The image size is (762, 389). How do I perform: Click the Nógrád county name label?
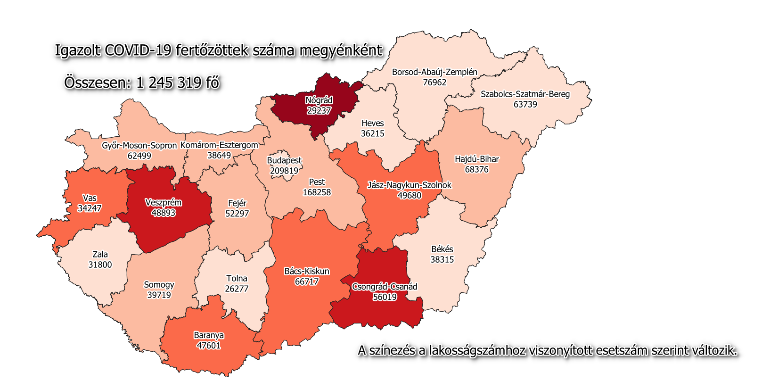tap(319, 100)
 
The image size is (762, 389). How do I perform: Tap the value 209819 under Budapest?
tap(284, 171)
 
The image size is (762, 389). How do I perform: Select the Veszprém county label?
tap(163, 202)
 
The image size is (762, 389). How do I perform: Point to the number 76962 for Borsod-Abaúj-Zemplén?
tap(434, 83)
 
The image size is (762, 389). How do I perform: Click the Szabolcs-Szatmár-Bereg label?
tap(525, 94)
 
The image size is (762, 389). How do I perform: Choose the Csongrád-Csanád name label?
tap(385, 286)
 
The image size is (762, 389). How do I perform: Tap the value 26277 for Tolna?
tap(237, 289)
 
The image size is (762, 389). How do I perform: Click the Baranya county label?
tap(209, 335)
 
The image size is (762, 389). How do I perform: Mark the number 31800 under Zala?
tap(100, 265)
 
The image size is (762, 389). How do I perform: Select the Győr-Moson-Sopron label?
tap(139, 145)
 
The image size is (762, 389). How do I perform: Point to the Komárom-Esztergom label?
tap(219, 145)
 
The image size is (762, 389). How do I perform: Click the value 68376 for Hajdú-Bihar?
tap(476, 169)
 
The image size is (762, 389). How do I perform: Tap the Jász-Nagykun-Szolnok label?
tap(409, 185)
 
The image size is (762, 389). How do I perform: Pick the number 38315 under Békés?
tap(442, 259)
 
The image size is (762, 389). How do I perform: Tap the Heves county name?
tap(372, 123)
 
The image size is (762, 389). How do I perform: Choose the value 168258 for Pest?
tap(317, 192)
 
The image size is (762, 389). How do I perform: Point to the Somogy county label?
tap(159, 284)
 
